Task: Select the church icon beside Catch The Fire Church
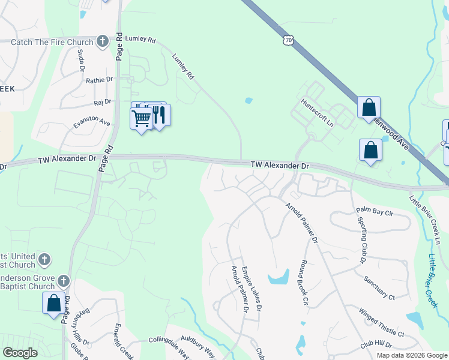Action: [x=103, y=41]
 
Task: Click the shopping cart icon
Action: [x=141, y=118]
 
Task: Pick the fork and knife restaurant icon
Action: [x=159, y=114]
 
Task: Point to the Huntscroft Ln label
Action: [x=318, y=113]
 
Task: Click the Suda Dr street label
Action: [x=81, y=60]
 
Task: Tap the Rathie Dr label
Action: [x=99, y=80]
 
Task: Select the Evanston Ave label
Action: [x=92, y=122]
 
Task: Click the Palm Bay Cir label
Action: [x=374, y=211]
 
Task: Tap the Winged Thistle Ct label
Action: [x=382, y=322]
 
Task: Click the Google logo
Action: [x=20, y=353]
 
